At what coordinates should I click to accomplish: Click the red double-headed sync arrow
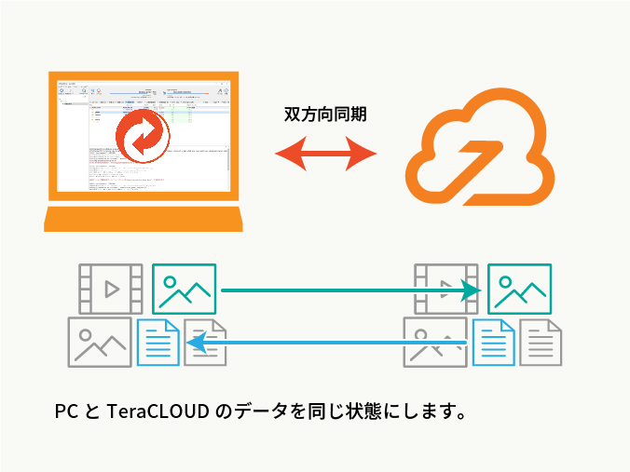[x=324, y=151]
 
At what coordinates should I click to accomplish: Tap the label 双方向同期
[x=324, y=115]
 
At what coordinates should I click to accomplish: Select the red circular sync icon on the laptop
[x=144, y=135]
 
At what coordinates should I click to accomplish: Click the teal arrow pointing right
[x=349, y=290]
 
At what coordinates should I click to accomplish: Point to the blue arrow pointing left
[x=326, y=344]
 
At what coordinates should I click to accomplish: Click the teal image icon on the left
[x=185, y=288]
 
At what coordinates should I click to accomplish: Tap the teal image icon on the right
[x=519, y=288]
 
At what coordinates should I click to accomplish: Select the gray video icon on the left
[x=110, y=288]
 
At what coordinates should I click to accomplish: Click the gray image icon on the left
[x=100, y=341]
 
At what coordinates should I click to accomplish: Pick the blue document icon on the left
[x=158, y=342]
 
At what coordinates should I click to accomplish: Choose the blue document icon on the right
[x=494, y=342]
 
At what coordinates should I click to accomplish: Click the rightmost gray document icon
[x=541, y=342]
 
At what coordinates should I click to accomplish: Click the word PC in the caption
[x=66, y=411]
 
